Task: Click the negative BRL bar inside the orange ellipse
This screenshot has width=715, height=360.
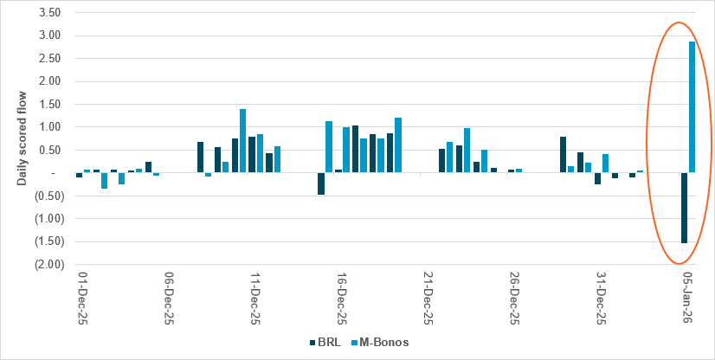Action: [684, 208]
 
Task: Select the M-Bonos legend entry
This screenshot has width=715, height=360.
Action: [381, 343]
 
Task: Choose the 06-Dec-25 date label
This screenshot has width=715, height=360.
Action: [169, 297]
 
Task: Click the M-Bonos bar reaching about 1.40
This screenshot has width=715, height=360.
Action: [242, 141]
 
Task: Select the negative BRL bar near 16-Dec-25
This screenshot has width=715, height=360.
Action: [320, 183]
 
